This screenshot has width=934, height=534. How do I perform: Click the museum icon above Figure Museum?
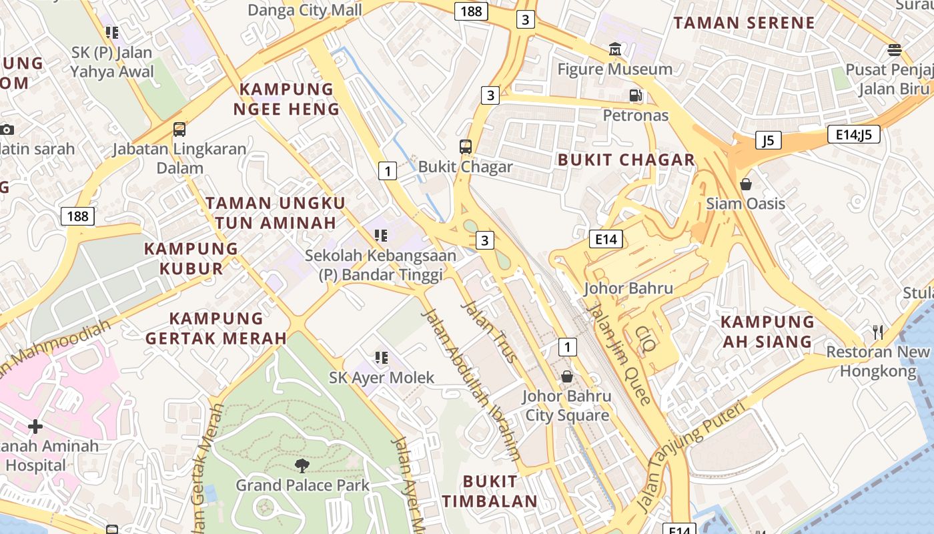coord(614,49)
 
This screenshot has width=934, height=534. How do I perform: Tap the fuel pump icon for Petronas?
coord(636,95)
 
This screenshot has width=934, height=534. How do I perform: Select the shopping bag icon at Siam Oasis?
coord(745,184)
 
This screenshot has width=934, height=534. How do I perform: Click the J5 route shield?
coord(769,140)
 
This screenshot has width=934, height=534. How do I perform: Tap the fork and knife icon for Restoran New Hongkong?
coord(878,332)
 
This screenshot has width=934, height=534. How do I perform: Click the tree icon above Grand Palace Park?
coord(302,465)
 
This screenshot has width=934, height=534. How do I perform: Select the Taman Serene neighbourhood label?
coord(744,23)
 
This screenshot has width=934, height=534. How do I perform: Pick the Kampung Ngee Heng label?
coord(286,99)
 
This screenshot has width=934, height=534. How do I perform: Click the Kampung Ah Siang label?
coord(767,332)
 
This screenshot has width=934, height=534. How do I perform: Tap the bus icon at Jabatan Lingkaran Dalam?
coord(179,129)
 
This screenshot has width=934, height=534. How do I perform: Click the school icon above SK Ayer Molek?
coord(381,358)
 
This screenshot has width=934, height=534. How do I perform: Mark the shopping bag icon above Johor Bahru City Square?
coord(566,376)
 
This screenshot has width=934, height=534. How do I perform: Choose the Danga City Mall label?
coord(305,10)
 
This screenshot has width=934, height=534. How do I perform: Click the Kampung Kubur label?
coord(191,258)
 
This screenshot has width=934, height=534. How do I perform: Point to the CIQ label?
coord(646,338)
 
